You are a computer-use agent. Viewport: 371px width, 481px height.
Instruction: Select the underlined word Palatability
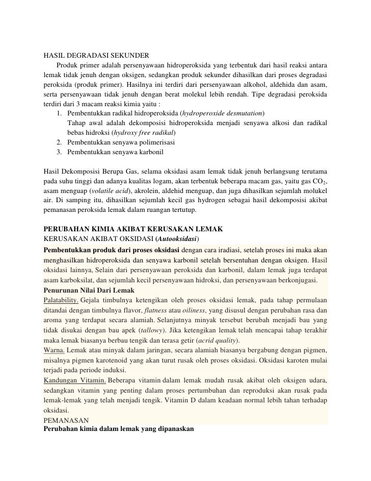pos(61,299)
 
